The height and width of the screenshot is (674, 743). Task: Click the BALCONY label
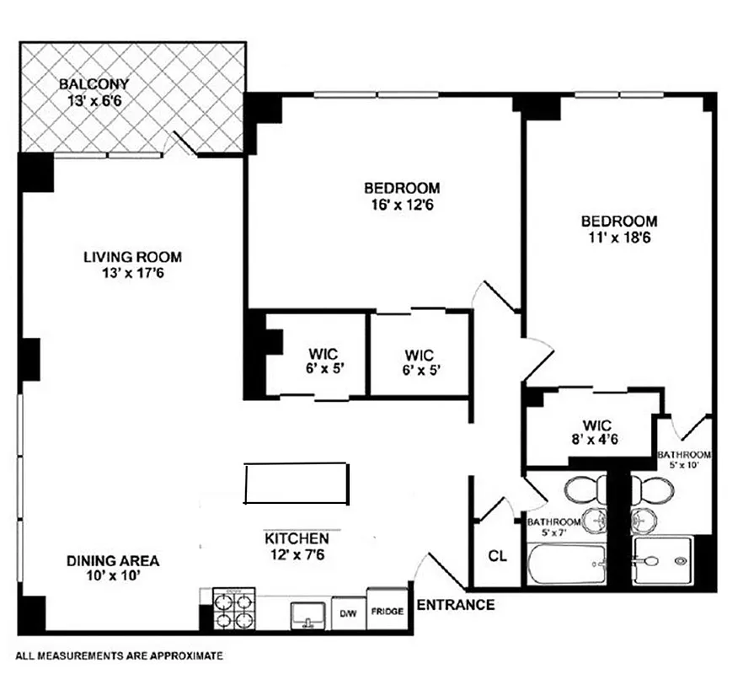pos(94,84)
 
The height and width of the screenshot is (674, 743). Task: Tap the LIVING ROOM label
pos(132,258)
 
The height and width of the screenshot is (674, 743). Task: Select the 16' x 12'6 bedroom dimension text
pos(402,204)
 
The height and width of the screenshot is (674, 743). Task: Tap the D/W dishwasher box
pos(348,614)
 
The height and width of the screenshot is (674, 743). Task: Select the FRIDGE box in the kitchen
pos(386,612)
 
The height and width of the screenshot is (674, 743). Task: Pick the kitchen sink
pos(309,615)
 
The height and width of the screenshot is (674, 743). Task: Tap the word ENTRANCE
pos(456,605)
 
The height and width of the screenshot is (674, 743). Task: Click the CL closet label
pos(498,557)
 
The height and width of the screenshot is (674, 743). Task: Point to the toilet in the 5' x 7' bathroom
pos(581,489)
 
